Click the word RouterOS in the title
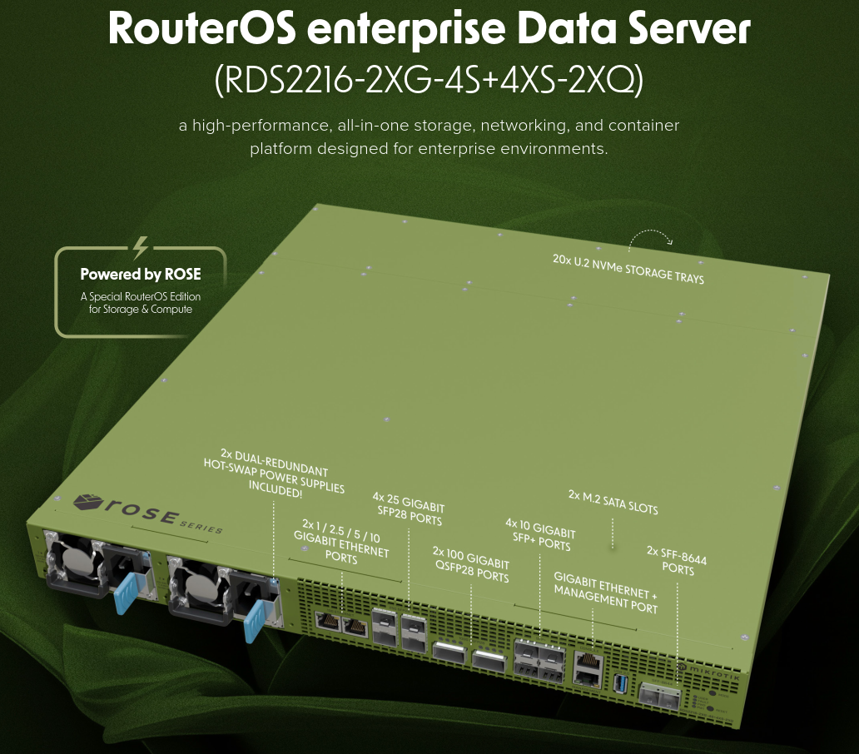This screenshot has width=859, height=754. pyautogui.click(x=202, y=27)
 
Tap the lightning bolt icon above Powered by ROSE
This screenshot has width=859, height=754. pyautogui.click(x=141, y=247)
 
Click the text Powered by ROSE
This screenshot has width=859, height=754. pyautogui.click(x=141, y=274)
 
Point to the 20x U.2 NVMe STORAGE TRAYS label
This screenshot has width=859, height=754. pyautogui.click(x=628, y=268)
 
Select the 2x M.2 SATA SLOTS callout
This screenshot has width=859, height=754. pyautogui.click(x=613, y=502)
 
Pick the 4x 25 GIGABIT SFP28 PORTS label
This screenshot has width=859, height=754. pyautogui.click(x=409, y=508)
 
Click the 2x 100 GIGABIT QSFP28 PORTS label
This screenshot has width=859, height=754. pyautogui.click(x=471, y=564)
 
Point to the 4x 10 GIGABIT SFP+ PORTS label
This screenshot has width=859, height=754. pyautogui.click(x=540, y=535)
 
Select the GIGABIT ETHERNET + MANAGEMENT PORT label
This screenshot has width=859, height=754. pyautogui.click(x=605, y=593)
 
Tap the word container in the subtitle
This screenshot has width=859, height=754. pyautogui.click(x=643, y=126)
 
